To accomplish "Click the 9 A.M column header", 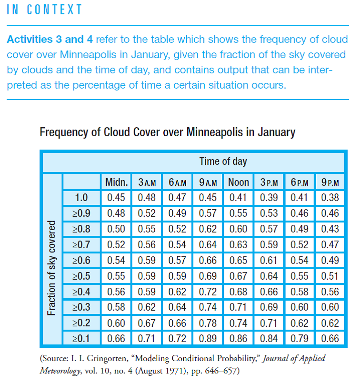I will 208,182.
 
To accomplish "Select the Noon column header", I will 238,182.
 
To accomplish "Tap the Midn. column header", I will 116,182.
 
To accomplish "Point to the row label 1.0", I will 81,197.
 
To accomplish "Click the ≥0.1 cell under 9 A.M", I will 208,339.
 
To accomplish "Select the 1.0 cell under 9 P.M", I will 330,197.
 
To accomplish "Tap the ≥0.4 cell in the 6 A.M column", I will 177,292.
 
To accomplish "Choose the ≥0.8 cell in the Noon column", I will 238,229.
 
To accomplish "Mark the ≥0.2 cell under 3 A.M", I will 147,323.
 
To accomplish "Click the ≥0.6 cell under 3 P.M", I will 269,260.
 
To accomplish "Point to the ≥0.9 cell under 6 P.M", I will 300,213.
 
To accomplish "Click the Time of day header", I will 223,161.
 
